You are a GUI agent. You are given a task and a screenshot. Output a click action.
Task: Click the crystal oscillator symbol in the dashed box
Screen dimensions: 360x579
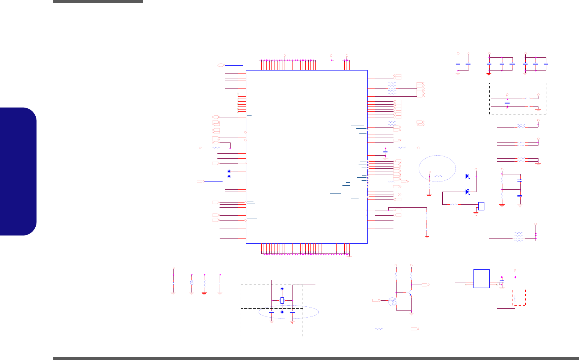click(282, 300)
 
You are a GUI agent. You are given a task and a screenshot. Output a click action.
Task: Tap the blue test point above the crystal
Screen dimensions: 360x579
click(282, 289)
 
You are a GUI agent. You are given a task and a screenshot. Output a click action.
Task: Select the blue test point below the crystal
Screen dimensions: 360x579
click(282, 312)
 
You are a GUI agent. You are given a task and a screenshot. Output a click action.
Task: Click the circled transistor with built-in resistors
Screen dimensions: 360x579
click(392, 301)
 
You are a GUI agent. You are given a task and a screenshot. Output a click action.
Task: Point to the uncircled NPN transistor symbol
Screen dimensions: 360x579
click(410, 292)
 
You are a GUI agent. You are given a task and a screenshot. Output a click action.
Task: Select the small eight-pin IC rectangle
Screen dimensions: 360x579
click(481, 279)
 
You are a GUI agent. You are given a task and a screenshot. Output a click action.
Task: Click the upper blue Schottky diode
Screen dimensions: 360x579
click(467, 176)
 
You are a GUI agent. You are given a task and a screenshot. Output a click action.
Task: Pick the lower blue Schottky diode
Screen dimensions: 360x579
click(467, 192)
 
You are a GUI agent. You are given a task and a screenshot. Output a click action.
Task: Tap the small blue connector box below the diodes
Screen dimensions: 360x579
click(481, 206)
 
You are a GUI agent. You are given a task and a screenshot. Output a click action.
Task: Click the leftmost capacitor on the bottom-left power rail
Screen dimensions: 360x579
click(173, 283)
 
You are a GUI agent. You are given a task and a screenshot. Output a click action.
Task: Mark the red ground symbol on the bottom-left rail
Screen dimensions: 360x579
click(204, 293)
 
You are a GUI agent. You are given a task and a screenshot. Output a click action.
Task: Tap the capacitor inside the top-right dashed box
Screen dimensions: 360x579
click(507, 102)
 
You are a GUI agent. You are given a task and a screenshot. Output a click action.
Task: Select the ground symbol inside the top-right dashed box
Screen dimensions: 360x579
click(538, 109)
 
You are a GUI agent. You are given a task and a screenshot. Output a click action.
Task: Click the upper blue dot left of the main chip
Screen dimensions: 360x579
click(229, 171)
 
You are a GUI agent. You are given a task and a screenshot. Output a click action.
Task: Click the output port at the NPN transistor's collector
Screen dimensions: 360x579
click(425, 285)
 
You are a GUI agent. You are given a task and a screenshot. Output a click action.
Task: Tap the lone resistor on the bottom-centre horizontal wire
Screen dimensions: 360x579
click(378, 328)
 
